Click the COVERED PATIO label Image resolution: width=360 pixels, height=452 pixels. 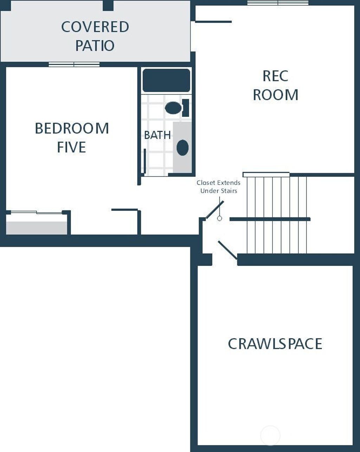click(95, 36)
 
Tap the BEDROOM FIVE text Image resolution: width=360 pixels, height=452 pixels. click(72, 138)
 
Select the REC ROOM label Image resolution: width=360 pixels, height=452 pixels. click(275, 85)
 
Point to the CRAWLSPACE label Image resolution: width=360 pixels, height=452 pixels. click(275, 344)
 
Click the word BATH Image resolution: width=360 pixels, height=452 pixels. click(157, 135)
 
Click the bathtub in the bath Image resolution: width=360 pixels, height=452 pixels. click(166, 81)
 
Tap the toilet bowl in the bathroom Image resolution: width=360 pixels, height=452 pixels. click(173, 108)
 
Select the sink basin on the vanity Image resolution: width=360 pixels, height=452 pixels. click(182, 148)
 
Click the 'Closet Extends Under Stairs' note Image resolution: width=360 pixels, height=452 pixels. click(218, 187)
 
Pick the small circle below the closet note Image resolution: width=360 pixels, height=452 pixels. click(219, 218)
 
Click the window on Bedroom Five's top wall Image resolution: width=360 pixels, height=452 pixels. click(74, 64)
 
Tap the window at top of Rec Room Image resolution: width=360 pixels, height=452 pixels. click(278, 3)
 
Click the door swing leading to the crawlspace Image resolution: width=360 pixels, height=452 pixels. click(227, 250)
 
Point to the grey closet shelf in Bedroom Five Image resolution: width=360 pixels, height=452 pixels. click(37, 228)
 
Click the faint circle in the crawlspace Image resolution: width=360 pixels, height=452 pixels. click(270, 435)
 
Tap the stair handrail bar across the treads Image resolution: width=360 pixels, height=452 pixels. click(270, 219)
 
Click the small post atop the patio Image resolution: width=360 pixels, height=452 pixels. click(108, 5)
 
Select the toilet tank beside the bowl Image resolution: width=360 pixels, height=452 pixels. click(186, 108)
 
